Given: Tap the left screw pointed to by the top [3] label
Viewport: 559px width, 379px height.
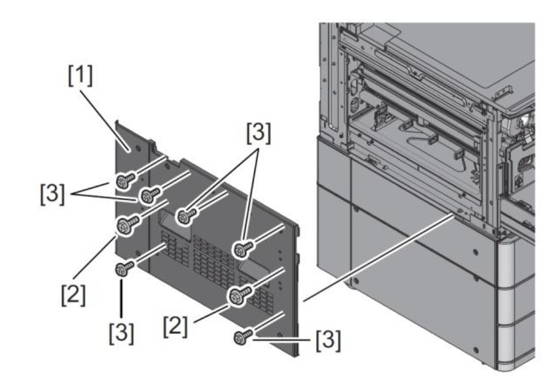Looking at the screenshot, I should click(186, 216).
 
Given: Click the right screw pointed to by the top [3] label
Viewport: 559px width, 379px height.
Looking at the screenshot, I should click(241, 248).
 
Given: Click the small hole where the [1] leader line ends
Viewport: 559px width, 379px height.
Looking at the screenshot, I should click(129, 148).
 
